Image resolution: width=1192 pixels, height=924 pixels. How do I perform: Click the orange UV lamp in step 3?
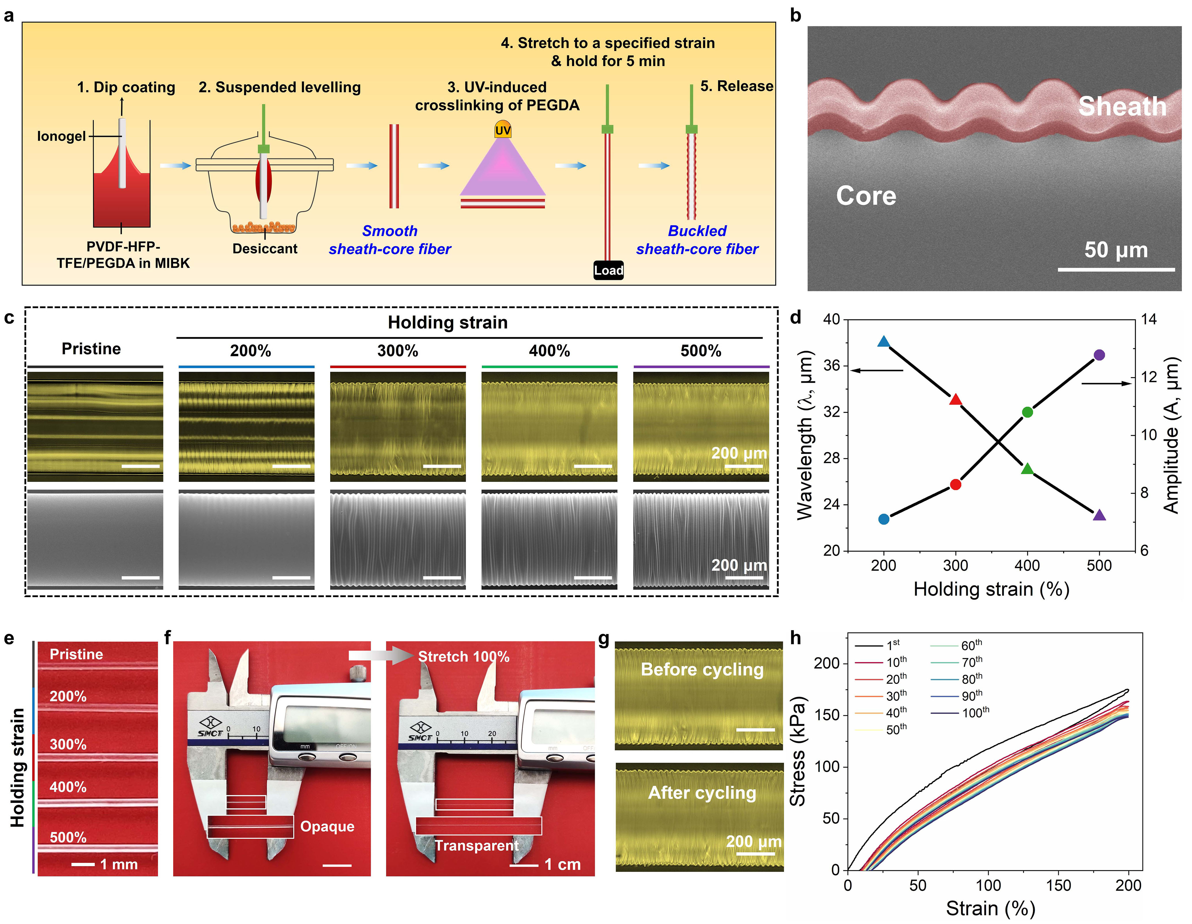503,129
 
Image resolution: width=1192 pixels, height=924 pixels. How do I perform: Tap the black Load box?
609,270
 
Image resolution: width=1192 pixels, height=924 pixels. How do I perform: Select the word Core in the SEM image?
866,195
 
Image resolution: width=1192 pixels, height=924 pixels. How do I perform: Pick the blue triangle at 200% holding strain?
884,342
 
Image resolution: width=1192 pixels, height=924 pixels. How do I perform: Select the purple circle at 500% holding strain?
1099,355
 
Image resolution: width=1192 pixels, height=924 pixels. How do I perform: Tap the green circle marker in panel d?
1027,412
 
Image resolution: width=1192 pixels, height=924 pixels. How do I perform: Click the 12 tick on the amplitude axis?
1148,377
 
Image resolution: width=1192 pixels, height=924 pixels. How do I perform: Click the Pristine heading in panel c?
91,348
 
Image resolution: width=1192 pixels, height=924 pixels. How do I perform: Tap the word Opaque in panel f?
328,827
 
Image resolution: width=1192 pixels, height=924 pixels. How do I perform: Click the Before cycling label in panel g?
702,669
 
